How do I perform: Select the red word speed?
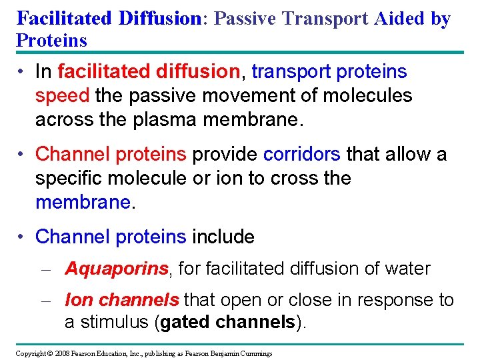(62, 95)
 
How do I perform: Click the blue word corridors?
(302, 154)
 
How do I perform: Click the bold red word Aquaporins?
(117, 269)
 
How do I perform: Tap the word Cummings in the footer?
(254, 353)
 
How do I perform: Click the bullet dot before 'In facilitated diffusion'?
(22, 72)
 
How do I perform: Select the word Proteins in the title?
(51, 40)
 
